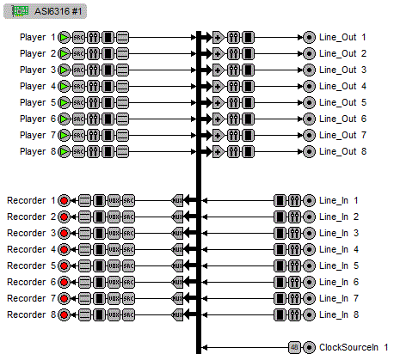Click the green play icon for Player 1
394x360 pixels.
pos(65,38)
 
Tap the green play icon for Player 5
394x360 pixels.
pos(65,103)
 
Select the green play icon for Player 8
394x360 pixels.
pos(65,152)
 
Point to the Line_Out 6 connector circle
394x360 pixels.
pos(309,119)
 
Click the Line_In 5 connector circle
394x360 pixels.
pos(309,265)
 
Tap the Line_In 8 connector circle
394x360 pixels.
pos(309,314)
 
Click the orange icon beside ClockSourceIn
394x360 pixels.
pos(294,347)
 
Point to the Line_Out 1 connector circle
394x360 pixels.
pos(309,38)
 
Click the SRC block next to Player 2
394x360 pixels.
pos(78,54)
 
